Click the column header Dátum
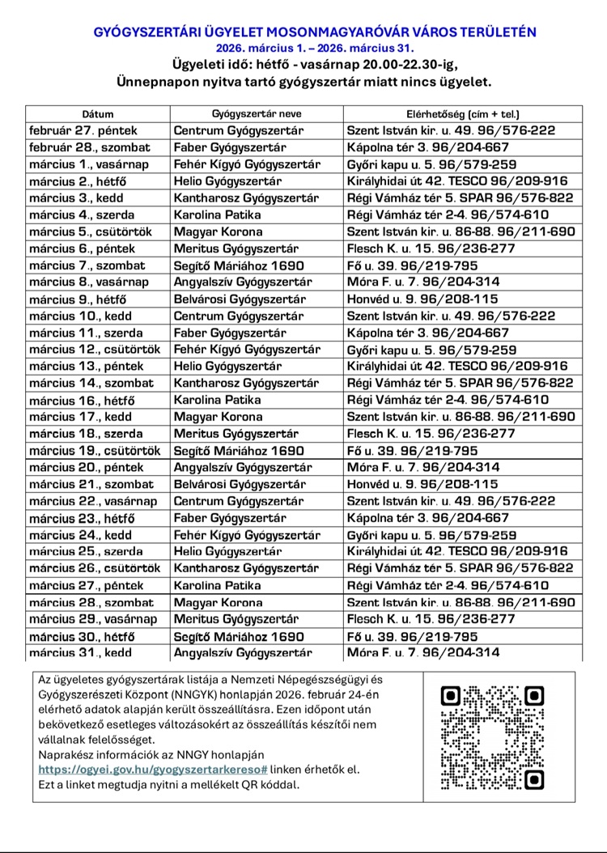pos(98,114)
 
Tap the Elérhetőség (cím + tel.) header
pos(462,114)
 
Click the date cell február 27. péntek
pos(83,130)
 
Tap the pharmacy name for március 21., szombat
pos(240,484)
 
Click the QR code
pos(491,738)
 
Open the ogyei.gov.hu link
pos(153,769)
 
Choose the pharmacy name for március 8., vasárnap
pos(240,282)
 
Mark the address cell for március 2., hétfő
pos(457,181)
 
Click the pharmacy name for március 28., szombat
pos(218,602)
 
